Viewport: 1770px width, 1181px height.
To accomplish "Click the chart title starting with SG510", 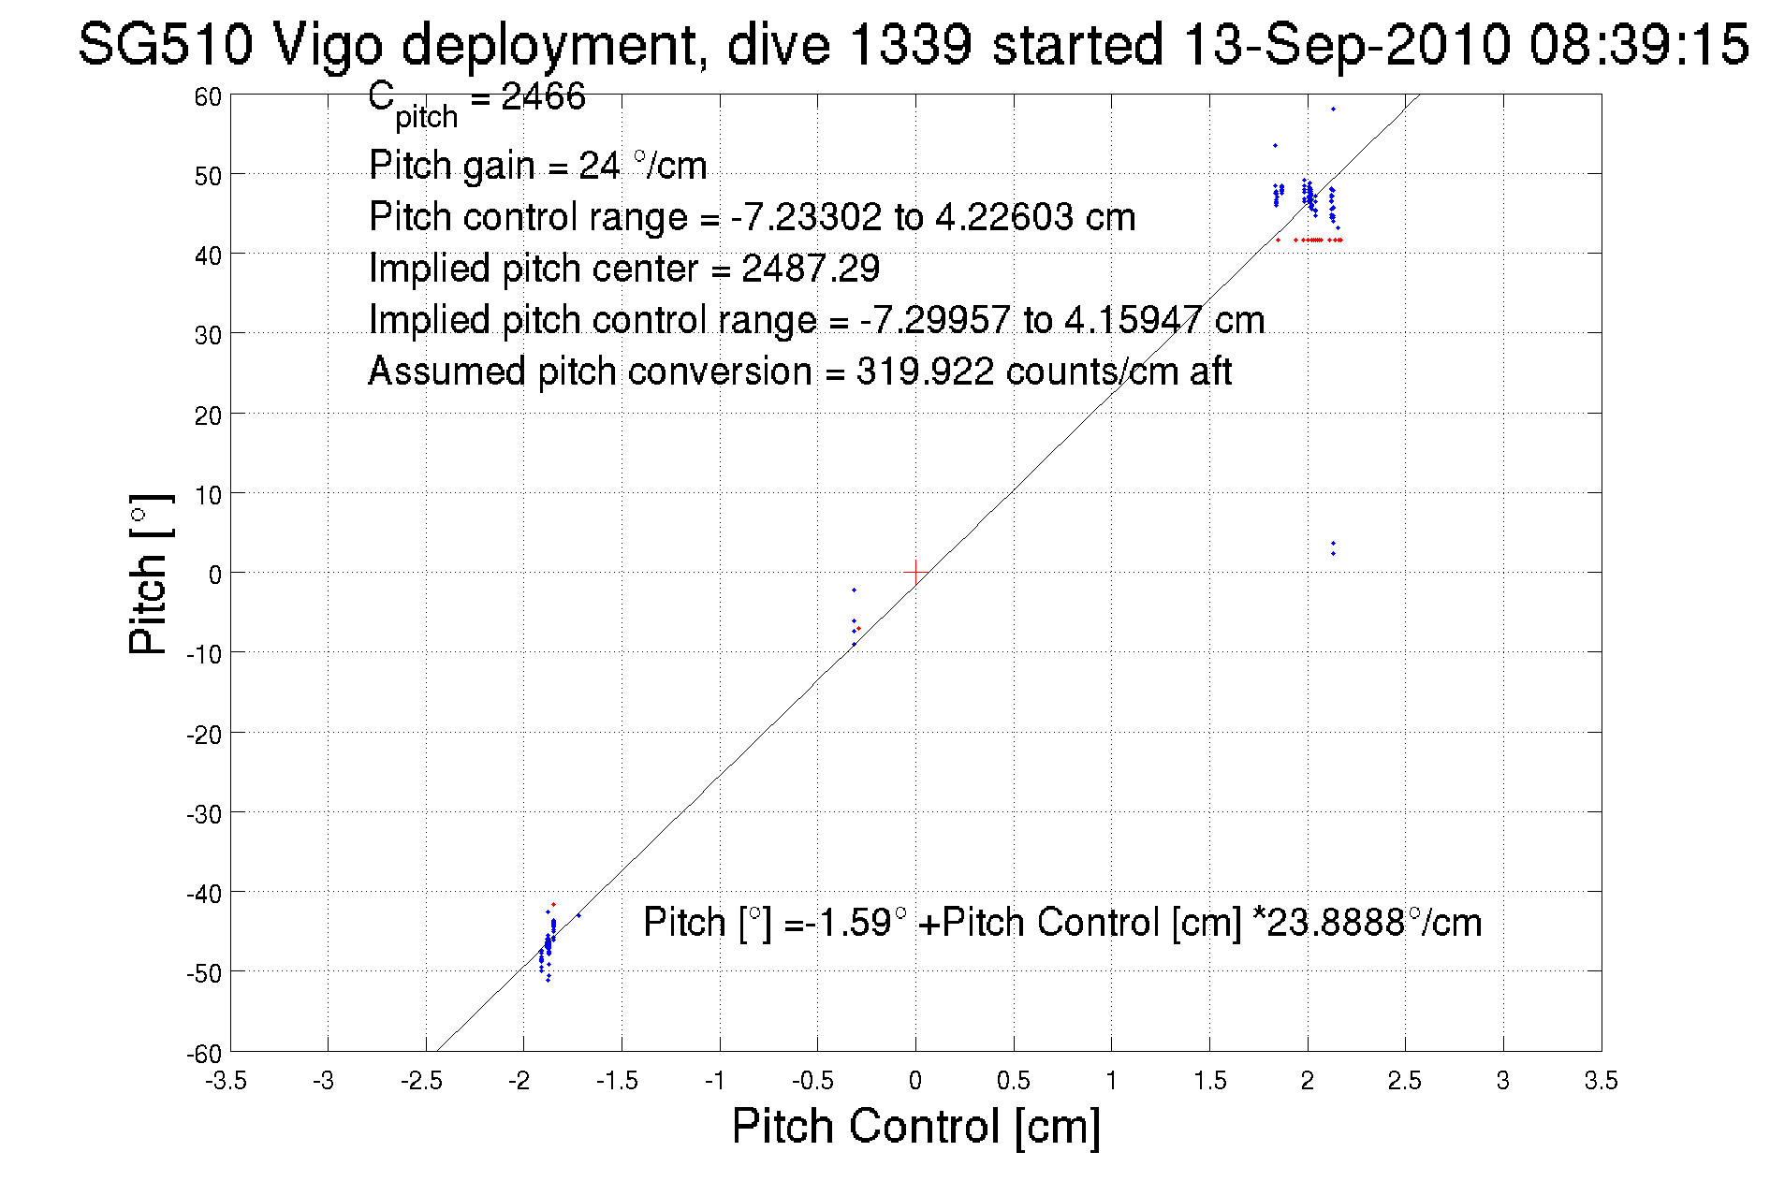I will pos(913,45).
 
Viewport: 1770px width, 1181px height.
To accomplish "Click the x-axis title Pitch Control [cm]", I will pos(914,1125).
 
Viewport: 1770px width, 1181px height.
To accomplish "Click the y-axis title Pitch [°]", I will pos(150,574).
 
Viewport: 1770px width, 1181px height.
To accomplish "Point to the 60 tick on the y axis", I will pos(208,96).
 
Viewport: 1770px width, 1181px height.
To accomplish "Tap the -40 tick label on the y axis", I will pos(203,894).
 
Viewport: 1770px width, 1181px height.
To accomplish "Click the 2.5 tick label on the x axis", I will pos(1404,1081).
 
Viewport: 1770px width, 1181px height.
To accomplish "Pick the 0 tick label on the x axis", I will pos(914,1081).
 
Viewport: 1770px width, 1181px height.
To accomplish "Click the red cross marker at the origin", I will pos(914,572).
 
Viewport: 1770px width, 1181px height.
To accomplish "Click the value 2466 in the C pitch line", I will pos(543,96).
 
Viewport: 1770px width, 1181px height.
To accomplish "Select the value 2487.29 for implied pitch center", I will pos(811,270).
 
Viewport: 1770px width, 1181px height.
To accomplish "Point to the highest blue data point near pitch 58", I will pos(1333,109).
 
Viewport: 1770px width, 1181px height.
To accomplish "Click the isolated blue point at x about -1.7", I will pos(578,915).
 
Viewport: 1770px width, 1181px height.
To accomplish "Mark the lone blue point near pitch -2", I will pos(854,590).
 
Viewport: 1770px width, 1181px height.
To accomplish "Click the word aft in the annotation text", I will pos(1210,372).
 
